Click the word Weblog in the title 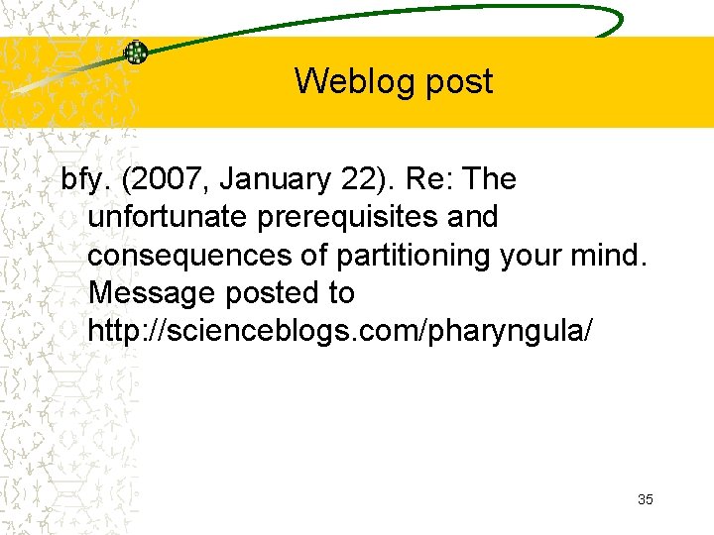(x=341, y=81)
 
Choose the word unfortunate (x=169, y=217)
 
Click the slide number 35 (x=646, y=499)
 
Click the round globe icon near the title (x=135, y=53)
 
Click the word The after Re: (x=489, y=180)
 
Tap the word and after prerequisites (x=473, y=217)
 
